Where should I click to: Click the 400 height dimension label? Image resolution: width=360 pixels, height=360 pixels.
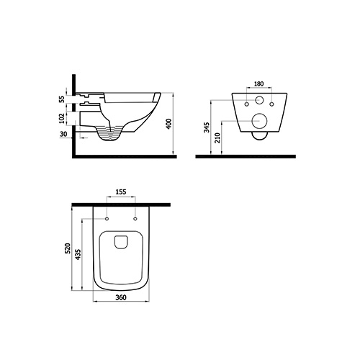pyautogui.click(x=169, y=124)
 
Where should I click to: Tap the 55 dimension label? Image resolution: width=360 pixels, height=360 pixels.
pyautogui.click(x=62, y=99)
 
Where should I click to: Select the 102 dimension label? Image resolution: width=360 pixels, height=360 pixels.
pyautogui.click(x=62, y=119)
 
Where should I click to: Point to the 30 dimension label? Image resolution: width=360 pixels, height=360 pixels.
pyautogui.click(x=63, y=134)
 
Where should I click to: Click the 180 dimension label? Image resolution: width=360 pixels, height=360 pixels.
pyautogui.click(x=258, y=84)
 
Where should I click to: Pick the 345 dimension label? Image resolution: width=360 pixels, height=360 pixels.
pyautogui.click(x=207, y=127)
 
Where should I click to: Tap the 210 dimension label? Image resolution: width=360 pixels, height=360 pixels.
pyautogui.click(x=217, y=138)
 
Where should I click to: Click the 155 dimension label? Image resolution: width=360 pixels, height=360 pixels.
pyautogui.click(x=121, y=192)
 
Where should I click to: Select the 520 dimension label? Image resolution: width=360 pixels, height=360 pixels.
pyautogui.click(x=68, y=248)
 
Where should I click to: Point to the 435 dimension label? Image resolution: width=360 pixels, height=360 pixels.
pyautogui.click(x=78, y=255)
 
